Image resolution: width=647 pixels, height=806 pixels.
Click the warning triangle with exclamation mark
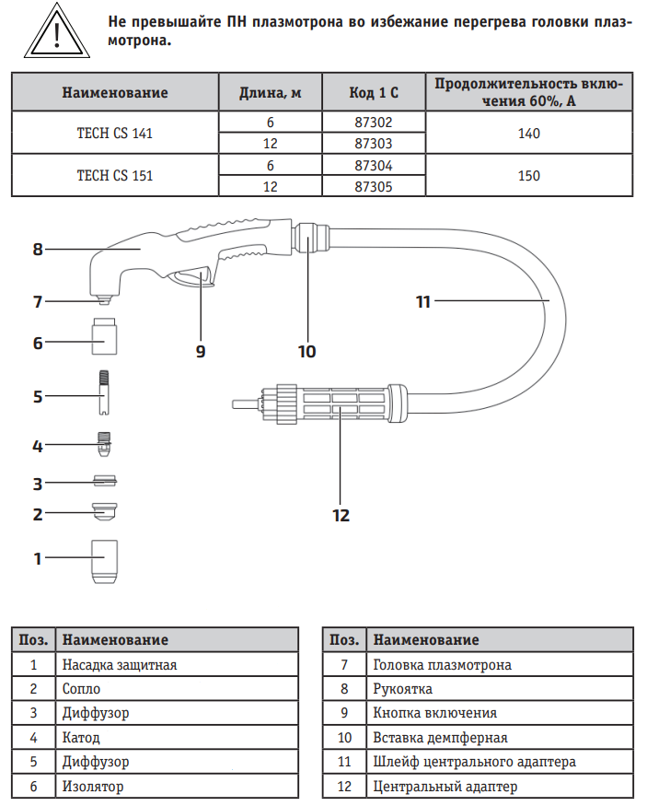coord(56,31)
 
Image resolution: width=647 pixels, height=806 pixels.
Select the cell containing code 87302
coord(375,122)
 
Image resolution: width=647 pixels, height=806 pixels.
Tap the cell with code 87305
coord(375,185)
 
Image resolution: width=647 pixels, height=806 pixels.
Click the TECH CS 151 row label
coord(115,175)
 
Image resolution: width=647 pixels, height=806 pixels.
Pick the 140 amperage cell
coord(529,133)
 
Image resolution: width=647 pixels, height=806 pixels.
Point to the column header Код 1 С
coord(375,92)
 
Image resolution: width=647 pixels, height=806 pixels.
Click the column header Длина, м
coord(271,92)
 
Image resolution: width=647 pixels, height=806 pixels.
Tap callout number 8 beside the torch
coord(38,249)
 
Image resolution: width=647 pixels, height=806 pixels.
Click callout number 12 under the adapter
coord(341,515)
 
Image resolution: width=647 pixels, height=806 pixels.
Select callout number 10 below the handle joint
coord(306,351)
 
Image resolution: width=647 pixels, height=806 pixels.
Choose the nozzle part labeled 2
coord(108,511)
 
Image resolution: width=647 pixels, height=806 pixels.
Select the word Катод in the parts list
coord(81,738)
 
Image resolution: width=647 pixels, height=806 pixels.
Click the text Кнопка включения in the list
coord(435,713)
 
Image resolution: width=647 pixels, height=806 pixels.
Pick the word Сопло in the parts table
coord(81,688)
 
